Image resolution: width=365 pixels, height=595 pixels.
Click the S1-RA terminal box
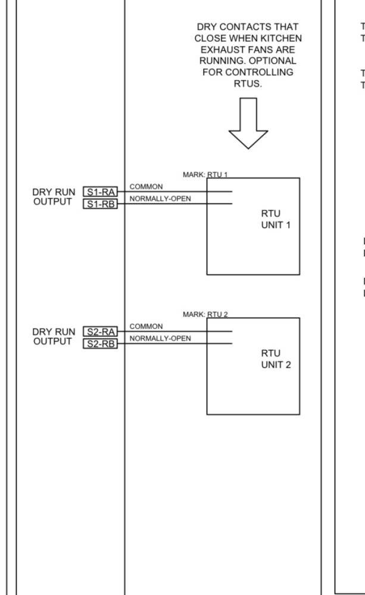[x=100, y=192]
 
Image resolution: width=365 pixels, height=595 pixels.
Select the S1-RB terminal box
[x=100, y=204]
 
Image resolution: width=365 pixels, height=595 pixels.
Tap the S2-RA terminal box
[x=100, y=331]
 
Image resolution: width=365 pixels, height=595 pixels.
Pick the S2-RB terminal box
[x=100, y=344]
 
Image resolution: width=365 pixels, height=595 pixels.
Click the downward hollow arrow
[x=248, y=123]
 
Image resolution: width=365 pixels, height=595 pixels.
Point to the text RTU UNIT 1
[x=275, y=220]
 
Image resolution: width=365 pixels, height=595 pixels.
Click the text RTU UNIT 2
[x=275, y=359]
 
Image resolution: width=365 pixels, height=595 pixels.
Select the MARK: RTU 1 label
[x=205, y=174]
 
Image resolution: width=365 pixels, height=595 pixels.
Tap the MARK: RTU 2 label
[x=205, y=314]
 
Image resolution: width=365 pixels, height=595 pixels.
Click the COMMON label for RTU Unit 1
[x=146, y=187]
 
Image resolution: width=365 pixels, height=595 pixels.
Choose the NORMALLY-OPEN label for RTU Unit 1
[x=160, y=199]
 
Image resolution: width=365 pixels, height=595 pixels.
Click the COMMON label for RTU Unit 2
[x=146, y=327]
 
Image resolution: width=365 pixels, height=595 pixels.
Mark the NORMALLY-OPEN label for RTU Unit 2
[x=160, y=339]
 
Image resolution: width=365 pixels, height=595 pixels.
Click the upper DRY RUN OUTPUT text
[x=54, y=197]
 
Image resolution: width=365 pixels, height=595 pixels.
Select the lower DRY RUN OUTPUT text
[x=54, y=337]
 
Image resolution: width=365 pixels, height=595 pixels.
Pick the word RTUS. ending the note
[x=248, y=83]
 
